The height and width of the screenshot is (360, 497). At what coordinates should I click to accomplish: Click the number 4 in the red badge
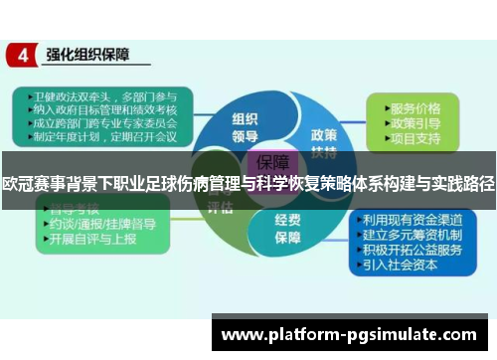pyautogui.click(x=22, y=55)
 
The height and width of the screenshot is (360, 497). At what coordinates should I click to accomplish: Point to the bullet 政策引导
pyautogui.click(x=415, y=122)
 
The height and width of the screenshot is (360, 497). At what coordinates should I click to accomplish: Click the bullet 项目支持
pyautogui.click(x=415, y=138)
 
